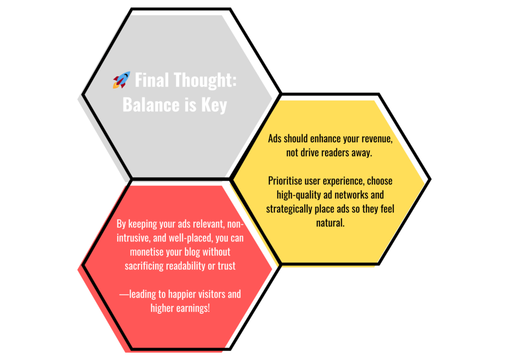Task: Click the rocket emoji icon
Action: click(121, 80)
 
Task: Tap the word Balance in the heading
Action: click(147, 104)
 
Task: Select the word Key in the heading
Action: click(214, 105)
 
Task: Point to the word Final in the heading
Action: click(152, 80)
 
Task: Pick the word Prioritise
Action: click(285, 181)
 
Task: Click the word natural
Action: click(330, 223)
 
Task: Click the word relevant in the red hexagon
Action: click(208, 224)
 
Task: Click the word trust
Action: click(227, 266)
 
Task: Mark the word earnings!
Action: click(193, 308)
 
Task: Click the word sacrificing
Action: click(144, 266)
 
